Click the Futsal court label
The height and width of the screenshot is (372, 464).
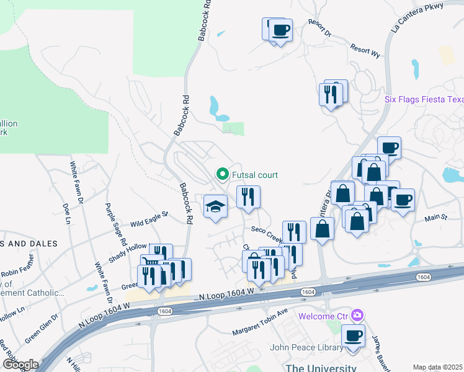(x=255, y=175)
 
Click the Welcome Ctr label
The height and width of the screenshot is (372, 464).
(x=323, y=316)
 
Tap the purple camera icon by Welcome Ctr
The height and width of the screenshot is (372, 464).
(x=357, y=316)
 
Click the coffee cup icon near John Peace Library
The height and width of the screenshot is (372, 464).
(x=353, y=336)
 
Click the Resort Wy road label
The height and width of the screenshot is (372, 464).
(x=365, y=50)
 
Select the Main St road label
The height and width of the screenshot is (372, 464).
(x=435, y=218)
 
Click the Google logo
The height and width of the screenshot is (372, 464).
(x=20, y=365)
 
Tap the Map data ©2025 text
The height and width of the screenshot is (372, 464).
(x=437, y=367)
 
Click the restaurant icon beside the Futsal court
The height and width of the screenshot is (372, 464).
(x=248, y=197)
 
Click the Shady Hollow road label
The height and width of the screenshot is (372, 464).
(x=128, y=246)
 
